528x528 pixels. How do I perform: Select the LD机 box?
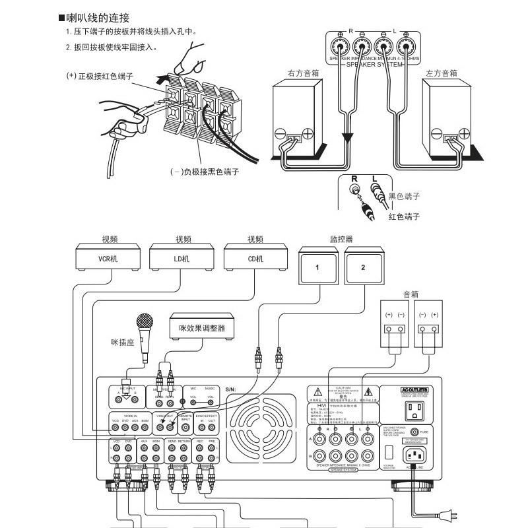coord(181,259)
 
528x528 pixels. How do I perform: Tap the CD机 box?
coord(255,259)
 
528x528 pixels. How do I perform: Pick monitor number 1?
coord(317,267)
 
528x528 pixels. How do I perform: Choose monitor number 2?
coord(362,267)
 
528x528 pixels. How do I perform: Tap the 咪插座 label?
coord(121,343)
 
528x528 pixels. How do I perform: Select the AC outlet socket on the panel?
coord(416,410)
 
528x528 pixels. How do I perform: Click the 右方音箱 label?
coord(303,74)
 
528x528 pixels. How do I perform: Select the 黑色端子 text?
coord(404,196)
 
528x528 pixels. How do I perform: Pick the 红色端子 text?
coord(404,216)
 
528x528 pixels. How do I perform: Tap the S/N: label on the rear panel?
coord(230,389)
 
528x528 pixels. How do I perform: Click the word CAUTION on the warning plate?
coord(343,388)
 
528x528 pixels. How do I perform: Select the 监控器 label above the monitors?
coord(341,239)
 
